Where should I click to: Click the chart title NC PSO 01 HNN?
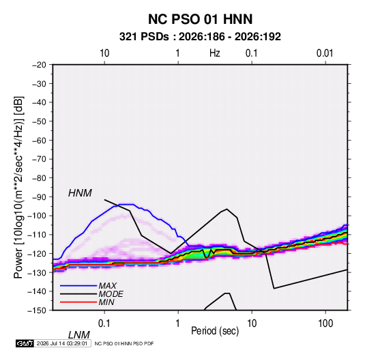coord(200,19)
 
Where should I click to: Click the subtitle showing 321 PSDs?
coord(200,37)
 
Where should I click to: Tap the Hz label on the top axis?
coord(215,53)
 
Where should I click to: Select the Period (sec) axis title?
coord(215,330)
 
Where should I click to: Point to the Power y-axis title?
coord(18,188)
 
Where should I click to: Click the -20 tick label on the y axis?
coord(39,65)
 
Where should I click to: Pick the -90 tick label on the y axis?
coord(39,197)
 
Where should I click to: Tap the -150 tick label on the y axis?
coord(37,311)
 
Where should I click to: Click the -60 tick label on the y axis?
coord(39,140)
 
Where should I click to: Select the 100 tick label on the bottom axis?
coord(325,323)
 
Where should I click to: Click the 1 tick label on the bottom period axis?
coord(178,323)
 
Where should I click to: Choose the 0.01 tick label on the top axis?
coord(325,53)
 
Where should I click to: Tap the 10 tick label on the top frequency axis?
coord(104,53)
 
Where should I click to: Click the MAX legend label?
coord(107,285)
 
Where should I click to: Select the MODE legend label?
coord(111,294)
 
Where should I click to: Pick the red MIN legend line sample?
coord(78,302)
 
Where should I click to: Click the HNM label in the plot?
coord(80,193)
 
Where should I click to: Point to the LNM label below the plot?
coord(79,335)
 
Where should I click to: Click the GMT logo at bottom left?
coord(25,343)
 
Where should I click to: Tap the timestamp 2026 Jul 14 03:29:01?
coord(62,343)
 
